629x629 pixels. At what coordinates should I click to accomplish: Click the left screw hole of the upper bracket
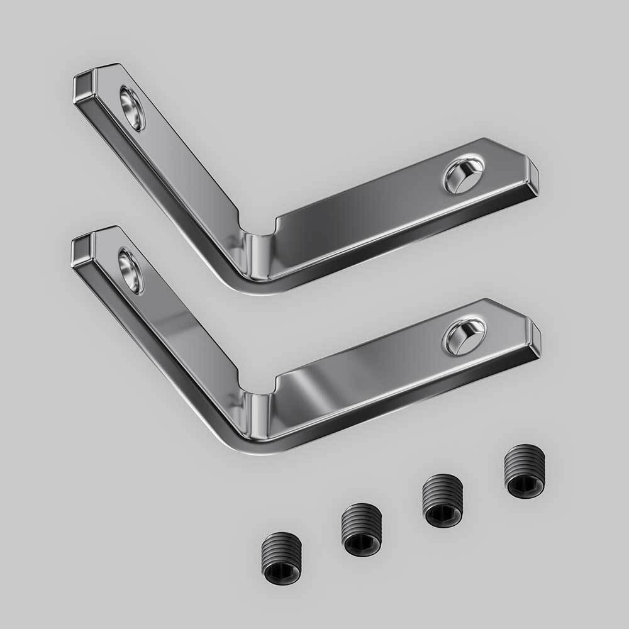(x=132, y=108)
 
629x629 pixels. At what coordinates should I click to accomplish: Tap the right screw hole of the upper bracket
(x=464, y=174)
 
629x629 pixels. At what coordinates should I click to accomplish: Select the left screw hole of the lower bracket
(x=130, y=270)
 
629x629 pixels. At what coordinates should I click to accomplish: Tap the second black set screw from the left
(x=361, y=530)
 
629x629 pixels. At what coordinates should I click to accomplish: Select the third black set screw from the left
(x=442, y=501)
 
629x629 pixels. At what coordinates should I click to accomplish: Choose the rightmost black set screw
(x=525, y=471)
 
